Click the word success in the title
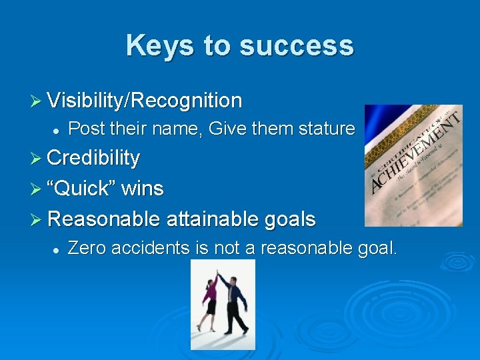(x=296, y=45)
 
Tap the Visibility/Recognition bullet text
(x=145, y=101)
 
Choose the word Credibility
(x=93, y=158)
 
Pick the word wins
(x=143, y=188)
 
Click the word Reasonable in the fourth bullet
(x=104, y=218)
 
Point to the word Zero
(x=89, y=249)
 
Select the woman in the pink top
(x=210, y=300)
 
